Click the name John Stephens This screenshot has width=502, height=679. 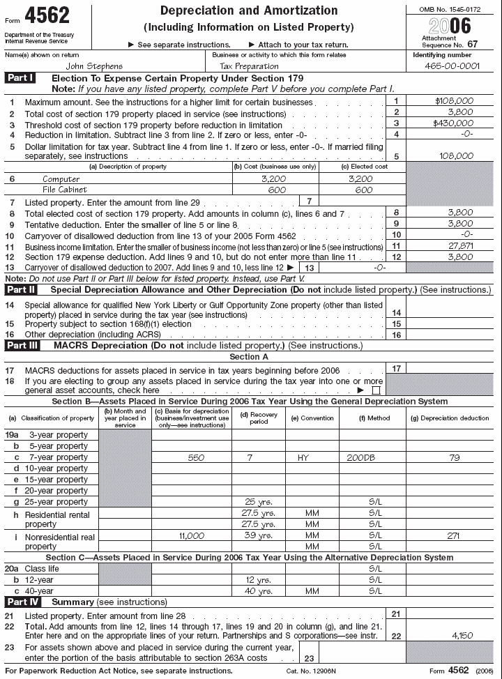click(x=93, y=66)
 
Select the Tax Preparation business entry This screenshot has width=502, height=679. click(x=249, y=66)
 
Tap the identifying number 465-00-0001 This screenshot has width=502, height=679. click(x=452, y=66)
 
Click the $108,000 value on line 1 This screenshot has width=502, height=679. click(x=454, y=100)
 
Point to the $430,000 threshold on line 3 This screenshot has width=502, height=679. click(x=454, y=123)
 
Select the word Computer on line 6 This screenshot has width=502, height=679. click(x=61, y=178)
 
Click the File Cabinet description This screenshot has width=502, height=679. click(x=65, y=190)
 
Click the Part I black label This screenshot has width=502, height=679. click(x=20, y=78)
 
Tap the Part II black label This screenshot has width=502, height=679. click(x=22, y=289)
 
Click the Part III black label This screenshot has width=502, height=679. click(x=23, y=345)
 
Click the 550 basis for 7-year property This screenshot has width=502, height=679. click(x=197, y=457)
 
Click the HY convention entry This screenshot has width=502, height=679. click(x=303, y=457)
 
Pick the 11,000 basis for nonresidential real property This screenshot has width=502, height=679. click(x=192, y=535)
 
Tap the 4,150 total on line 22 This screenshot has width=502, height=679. click(x=462, y=636)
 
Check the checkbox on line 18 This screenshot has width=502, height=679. click(x=376, y=391)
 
